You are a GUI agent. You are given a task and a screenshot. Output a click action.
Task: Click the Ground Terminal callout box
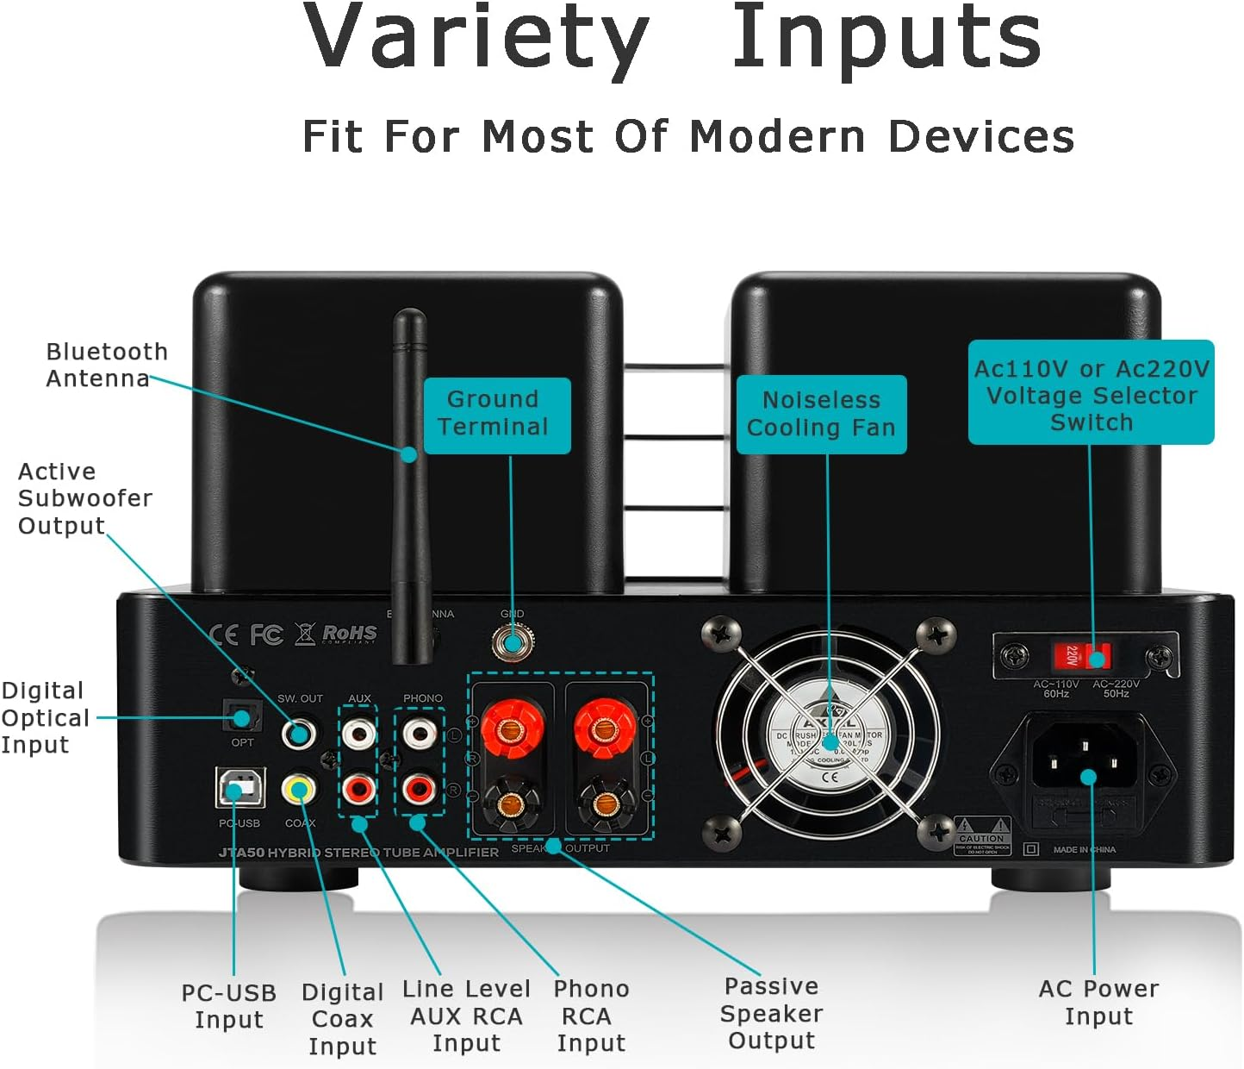point(497,415)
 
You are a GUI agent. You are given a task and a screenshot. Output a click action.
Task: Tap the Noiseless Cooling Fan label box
point(821,415)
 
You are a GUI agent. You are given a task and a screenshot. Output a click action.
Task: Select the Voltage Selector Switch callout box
point(1091,393)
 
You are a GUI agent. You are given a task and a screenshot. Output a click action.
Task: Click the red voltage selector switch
point(1082,657)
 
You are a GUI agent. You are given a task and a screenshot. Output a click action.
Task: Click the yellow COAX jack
point(300,788)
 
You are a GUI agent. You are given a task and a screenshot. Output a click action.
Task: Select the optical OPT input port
point(241,716)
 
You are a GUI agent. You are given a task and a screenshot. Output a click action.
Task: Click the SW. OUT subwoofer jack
point(298,734)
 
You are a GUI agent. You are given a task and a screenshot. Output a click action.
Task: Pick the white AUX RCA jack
point(358,734)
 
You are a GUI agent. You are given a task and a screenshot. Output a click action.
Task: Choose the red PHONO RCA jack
point(420,787)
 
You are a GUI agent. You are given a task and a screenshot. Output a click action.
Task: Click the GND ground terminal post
point(513,642)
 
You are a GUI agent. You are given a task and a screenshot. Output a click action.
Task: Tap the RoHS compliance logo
point(349,635)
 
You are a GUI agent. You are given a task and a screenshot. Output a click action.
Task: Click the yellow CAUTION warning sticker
point(982,835)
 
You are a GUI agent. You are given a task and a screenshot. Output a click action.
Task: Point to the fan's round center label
point(829,741)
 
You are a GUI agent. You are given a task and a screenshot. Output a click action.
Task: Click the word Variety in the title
point(476,38)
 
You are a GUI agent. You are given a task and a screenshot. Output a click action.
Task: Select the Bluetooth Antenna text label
point(106,365)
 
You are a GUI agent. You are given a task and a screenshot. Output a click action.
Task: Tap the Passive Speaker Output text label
point(771,1013)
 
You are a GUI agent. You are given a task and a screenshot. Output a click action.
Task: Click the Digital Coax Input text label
point(342,1019)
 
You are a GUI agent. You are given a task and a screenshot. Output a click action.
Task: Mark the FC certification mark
point(266,635)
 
